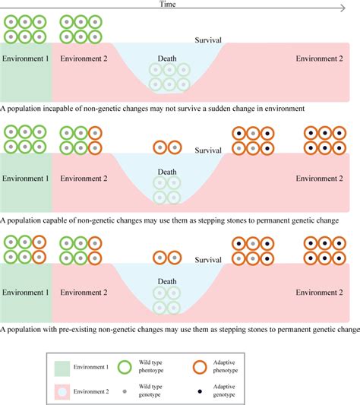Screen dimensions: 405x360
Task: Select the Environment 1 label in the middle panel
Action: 26,180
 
